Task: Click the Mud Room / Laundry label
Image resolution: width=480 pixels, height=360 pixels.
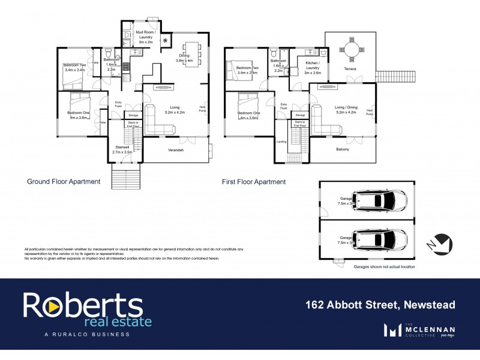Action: pos(146,37)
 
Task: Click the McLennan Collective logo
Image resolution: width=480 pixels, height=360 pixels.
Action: pos(419,329)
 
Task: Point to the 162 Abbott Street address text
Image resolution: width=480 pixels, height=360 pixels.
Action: pos(377,305)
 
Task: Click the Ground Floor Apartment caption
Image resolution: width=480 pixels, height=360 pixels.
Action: pos(63,181)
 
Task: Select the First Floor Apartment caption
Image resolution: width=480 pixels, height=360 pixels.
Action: pos(254,181)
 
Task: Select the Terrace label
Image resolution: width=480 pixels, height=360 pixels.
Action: pos(350,69)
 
